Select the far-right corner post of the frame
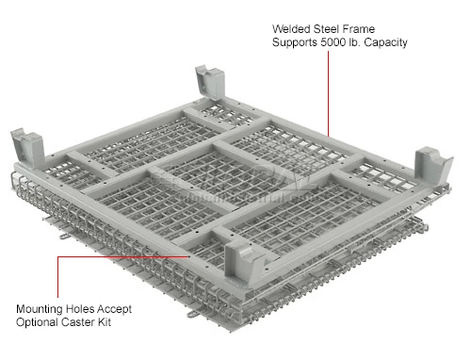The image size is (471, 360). pyautogui.click(x=433, y=164)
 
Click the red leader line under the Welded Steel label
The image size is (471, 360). pyautogui.click(x=327, y=94)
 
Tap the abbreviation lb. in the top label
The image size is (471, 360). pyautogui.click(x=385, y=43)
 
